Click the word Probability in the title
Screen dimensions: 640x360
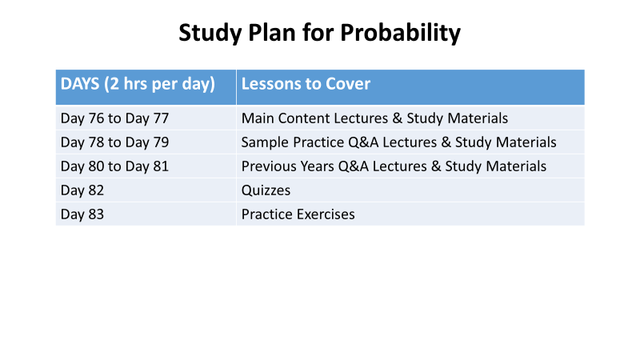[400, 33]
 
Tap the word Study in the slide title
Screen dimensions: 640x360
[210, 33]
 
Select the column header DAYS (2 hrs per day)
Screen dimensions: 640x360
[138, 84]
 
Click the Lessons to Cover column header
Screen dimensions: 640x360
[306, 84]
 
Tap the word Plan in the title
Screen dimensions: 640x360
[272, 33]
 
